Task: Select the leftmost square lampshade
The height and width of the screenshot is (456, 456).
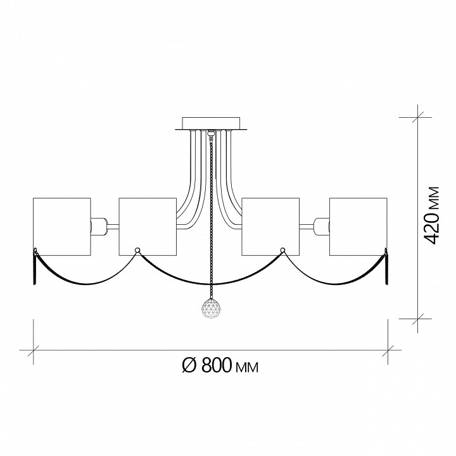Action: (62, 227)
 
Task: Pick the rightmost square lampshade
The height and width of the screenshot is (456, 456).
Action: (358, 227)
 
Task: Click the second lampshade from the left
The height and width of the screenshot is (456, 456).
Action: (148, 227)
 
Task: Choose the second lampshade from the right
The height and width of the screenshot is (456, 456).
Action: (270, 227)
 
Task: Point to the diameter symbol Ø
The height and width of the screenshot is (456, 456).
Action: (189, 365)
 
